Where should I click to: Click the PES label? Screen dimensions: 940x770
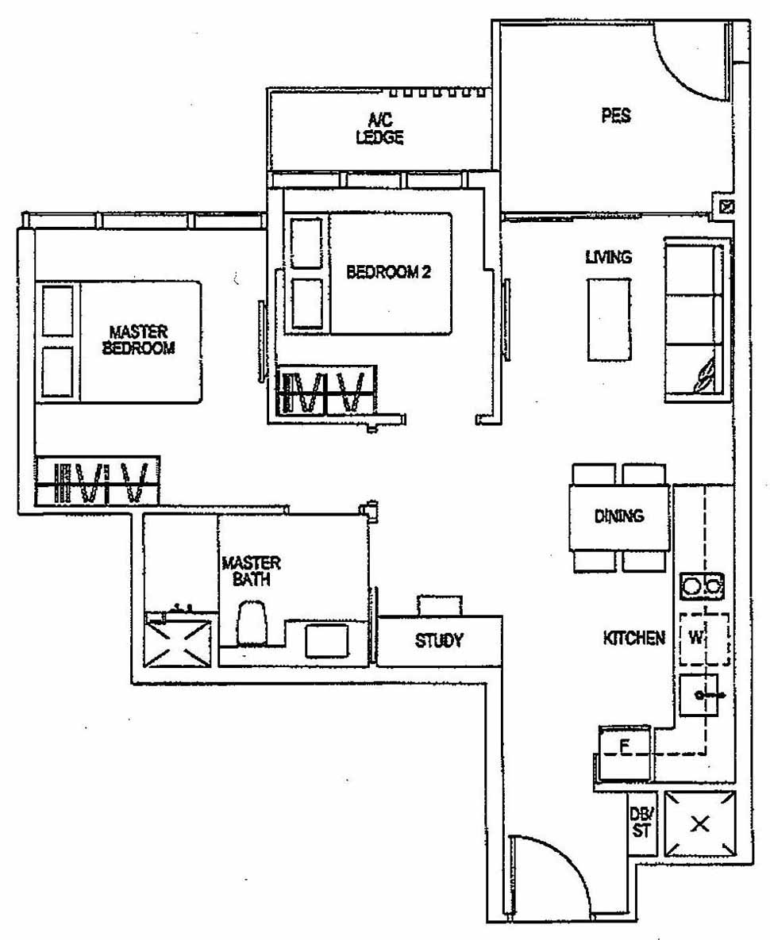pos(616,115)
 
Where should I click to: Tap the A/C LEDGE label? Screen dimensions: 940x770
pos(385,129)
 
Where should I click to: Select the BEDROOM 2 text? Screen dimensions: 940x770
pos(388,272)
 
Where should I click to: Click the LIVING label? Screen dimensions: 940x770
pos(608,257)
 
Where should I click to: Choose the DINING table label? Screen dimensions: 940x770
pos(618,516)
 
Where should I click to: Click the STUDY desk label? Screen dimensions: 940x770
pos(438,641)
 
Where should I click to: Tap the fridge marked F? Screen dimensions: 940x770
pos(625,747)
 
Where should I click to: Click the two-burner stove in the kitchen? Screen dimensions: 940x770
pos(702,587)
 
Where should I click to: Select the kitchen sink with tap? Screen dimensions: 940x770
pos(699,696)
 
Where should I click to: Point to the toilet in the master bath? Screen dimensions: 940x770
pos(252,622)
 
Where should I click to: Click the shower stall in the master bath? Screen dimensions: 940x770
pos(180,638)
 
